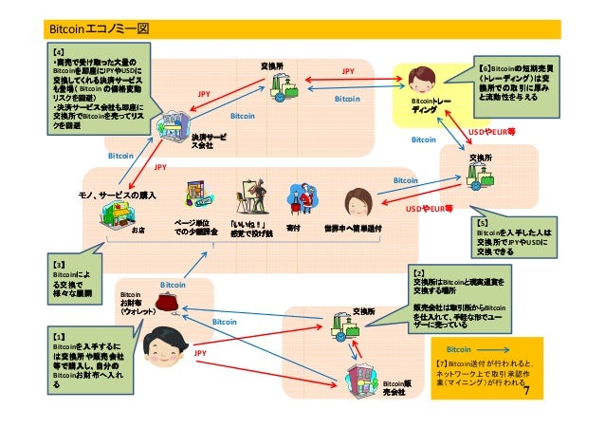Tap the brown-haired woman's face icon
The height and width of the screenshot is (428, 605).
click(358, 201)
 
